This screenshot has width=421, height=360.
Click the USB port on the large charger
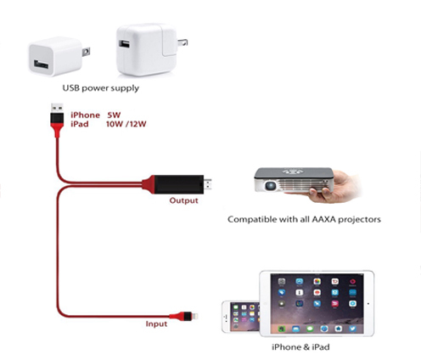coord(124,44)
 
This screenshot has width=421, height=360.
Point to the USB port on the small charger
coord(41,65)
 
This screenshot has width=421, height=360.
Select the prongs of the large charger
coord(182,42)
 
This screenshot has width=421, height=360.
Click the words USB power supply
coord(101,88)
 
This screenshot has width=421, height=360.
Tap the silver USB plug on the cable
coord(57,108)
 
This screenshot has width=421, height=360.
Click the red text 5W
coord(114,115)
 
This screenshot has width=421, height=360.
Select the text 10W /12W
coord(126,124)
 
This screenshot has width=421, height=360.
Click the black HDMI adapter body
coord(179,184)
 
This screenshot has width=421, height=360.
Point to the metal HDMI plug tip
coord(208,184)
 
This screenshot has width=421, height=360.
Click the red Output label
coord(183,200)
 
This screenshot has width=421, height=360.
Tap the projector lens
coord(270,186)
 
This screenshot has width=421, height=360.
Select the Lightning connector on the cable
coord(194,316)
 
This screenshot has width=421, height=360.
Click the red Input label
coord(156,323)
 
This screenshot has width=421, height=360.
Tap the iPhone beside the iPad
coord(240,317)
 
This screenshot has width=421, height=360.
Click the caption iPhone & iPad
coord(300,347)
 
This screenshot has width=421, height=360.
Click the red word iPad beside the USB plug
coord(80,124)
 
